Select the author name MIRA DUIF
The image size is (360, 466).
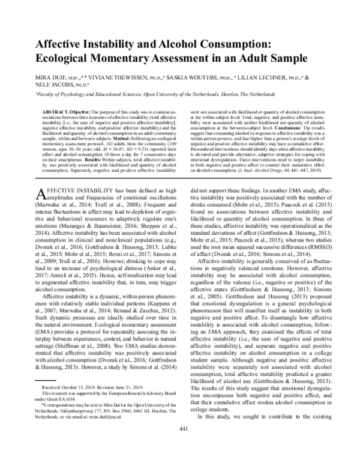(x=53, y=77)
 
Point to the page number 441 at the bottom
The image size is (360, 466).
(x=180, y=445)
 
